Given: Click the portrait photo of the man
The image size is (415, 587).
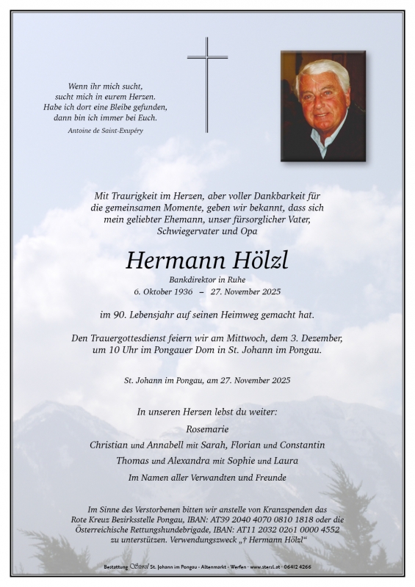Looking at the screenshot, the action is pos(322,106).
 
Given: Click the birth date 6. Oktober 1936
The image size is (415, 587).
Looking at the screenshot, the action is pos(163,292).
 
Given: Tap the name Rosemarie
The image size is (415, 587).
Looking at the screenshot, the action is pos(207,429).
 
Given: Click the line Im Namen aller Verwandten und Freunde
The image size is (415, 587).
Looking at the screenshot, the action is pos(207,478).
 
